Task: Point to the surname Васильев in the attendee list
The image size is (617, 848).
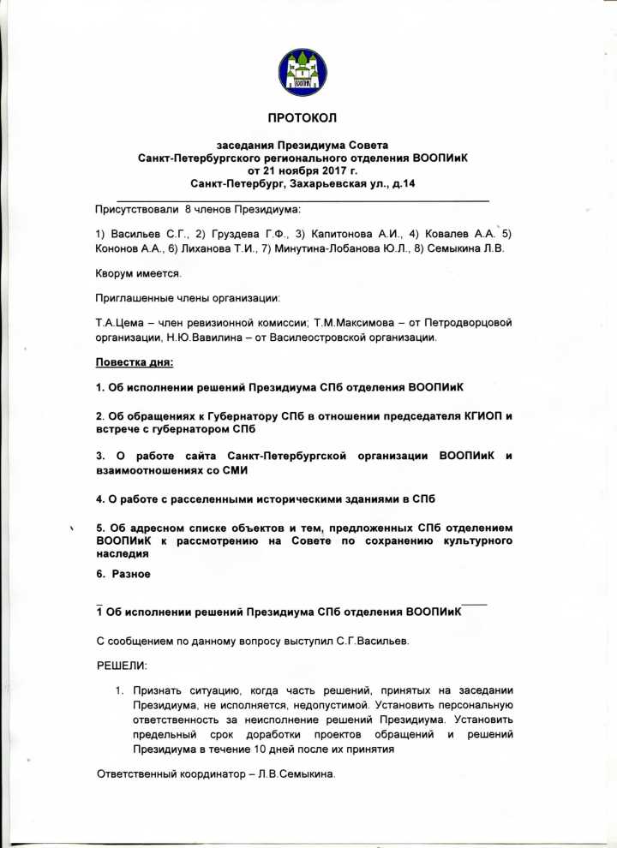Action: pyautogui.click(x=139, y=234)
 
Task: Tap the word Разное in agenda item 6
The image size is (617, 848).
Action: pyautogui.click(x=130, y=574)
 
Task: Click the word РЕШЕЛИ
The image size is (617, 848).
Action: pyautogui.click(x=122, y=666)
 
